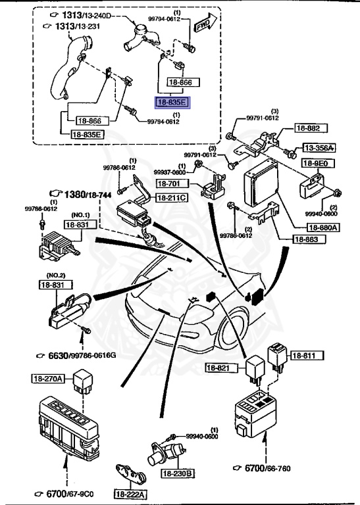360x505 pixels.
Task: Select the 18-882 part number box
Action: click(x=307, y=129)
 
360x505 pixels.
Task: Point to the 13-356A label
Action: click(x=319, y=148)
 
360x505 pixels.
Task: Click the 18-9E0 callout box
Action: click(x=315, y=164)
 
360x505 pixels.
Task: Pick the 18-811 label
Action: click(x=305, y=356)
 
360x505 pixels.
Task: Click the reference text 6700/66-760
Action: click(x=266, y=468)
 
